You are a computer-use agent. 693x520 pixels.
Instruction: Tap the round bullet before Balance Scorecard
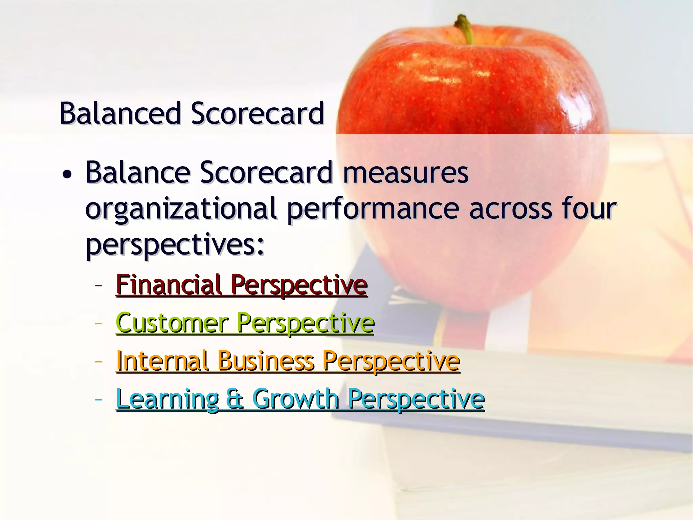coord(67,175)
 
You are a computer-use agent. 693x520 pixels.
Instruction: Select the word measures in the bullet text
coord(406,173)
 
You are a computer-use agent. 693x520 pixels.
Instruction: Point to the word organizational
coord(181,209)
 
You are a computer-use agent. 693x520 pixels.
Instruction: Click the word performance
coord(373,209)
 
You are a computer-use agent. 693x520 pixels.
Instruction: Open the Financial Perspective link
coord(242,285)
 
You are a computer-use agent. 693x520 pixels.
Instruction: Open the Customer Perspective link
coord(245,323)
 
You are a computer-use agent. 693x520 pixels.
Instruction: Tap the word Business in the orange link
coord(266,361)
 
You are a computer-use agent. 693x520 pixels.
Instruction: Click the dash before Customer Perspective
coord(98,324)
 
